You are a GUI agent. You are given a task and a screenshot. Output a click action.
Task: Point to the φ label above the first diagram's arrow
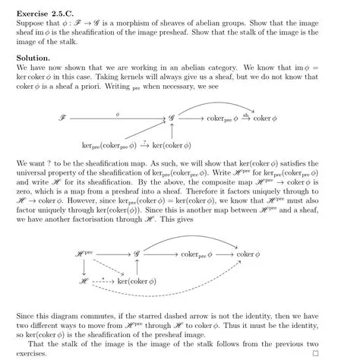tap(118, 112)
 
